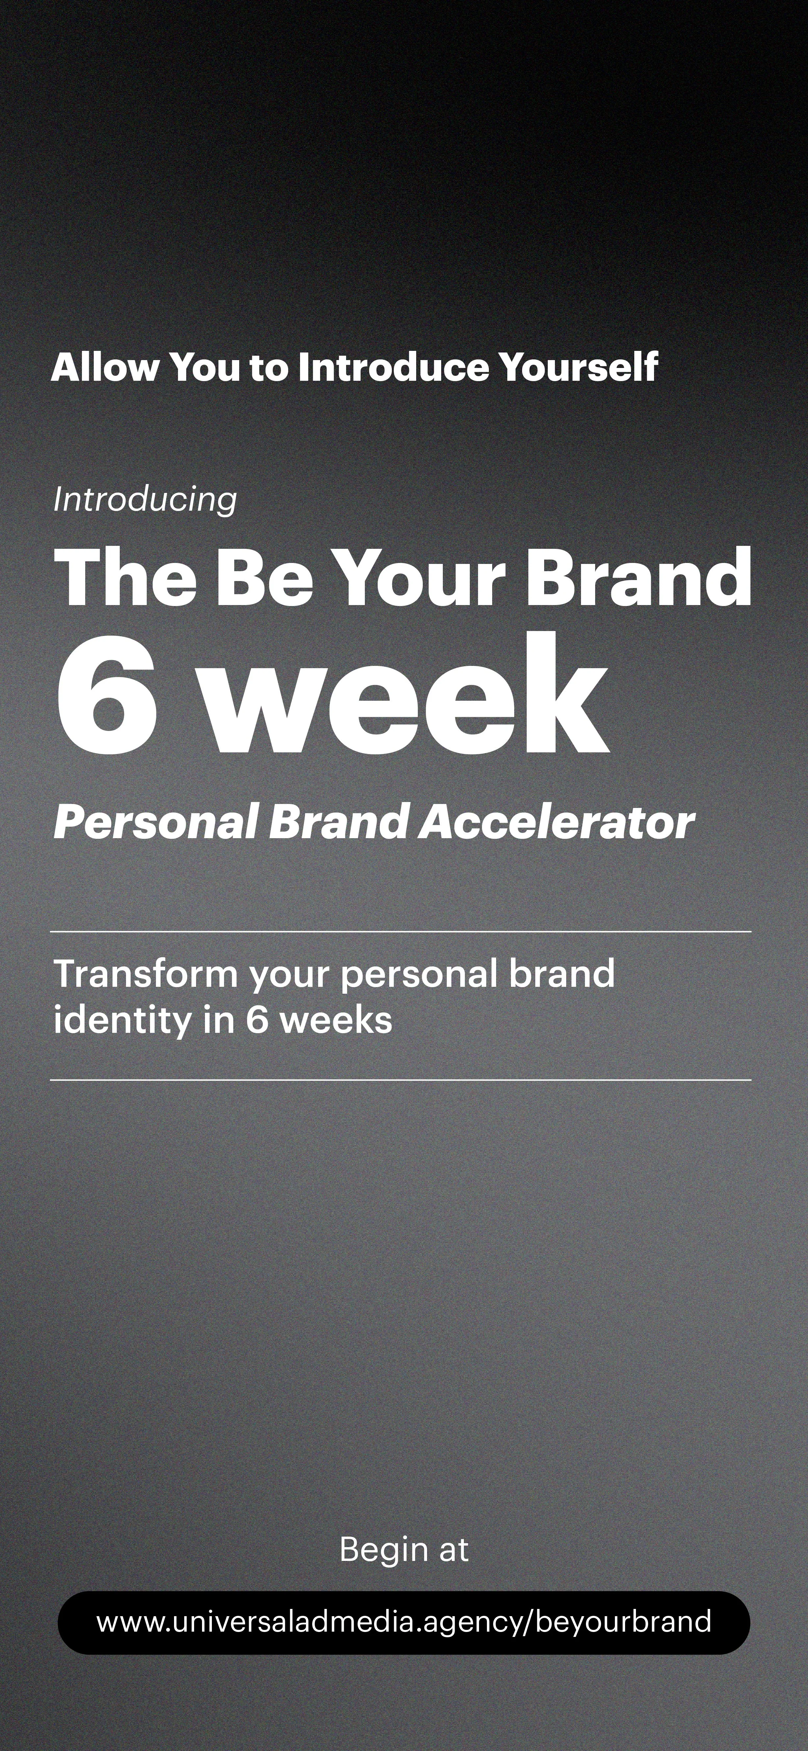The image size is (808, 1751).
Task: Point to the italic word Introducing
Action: pos(145,499)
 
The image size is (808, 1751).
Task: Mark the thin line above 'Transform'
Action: pos(401,931)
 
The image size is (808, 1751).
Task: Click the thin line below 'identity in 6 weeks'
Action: pos(401,1080)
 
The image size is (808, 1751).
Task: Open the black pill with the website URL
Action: pos(404,1622)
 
